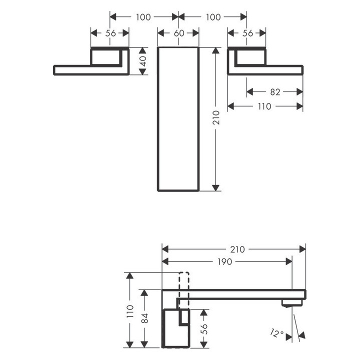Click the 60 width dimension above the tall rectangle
[178, 33]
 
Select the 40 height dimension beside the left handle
[143, 61]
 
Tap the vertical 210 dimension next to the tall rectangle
[216, 118]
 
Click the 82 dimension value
[275, 92]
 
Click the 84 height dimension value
[144, 318]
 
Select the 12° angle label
[278, 333]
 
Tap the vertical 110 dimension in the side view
[130, 311]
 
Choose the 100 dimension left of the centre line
[143, 17]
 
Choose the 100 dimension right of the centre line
[213, 17]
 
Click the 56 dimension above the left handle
[109, 33]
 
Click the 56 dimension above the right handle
[247, 33]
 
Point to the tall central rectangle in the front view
[178, 119]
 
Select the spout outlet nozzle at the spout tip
[292, 302]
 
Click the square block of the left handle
[107, 56]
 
